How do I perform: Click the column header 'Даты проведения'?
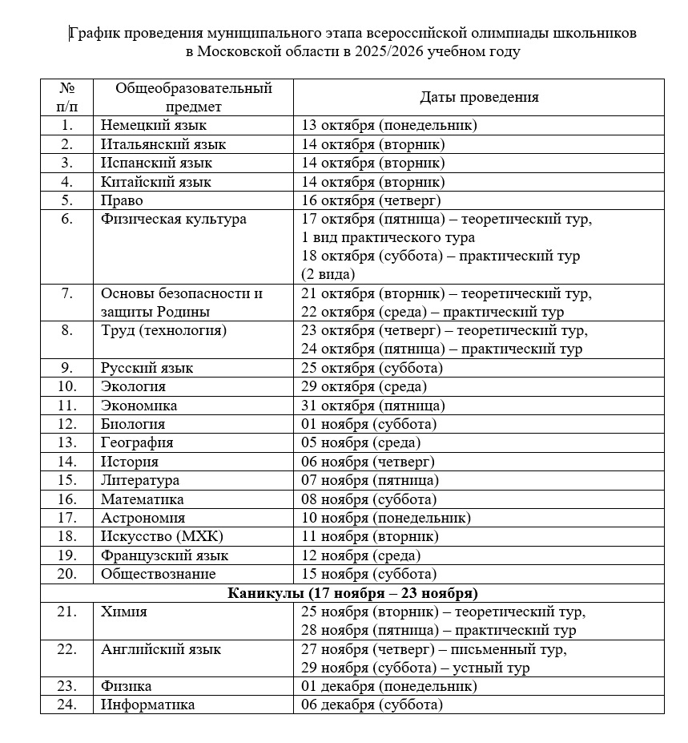tap(479, 97)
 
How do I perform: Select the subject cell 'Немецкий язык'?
tap(154, 125)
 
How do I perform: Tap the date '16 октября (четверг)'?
tap(371, 200)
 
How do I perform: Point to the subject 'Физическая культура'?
tap(174, 219)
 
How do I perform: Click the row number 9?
tap(66, 368)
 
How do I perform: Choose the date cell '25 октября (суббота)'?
tap(372, 368)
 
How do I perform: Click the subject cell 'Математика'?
tap(143, 499)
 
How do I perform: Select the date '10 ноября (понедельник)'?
tap(385, 518)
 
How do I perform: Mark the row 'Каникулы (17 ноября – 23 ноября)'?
tap(352, 593)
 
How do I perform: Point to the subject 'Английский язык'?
tap(160, 649)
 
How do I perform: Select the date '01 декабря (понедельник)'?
tap(388, 686)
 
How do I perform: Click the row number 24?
tap(66, 705)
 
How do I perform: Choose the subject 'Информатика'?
tap(147, 705)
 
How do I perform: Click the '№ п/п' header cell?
tap(66, 97)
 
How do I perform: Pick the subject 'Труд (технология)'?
tap(163, 330)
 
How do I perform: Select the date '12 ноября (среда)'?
tap(360, 555)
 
